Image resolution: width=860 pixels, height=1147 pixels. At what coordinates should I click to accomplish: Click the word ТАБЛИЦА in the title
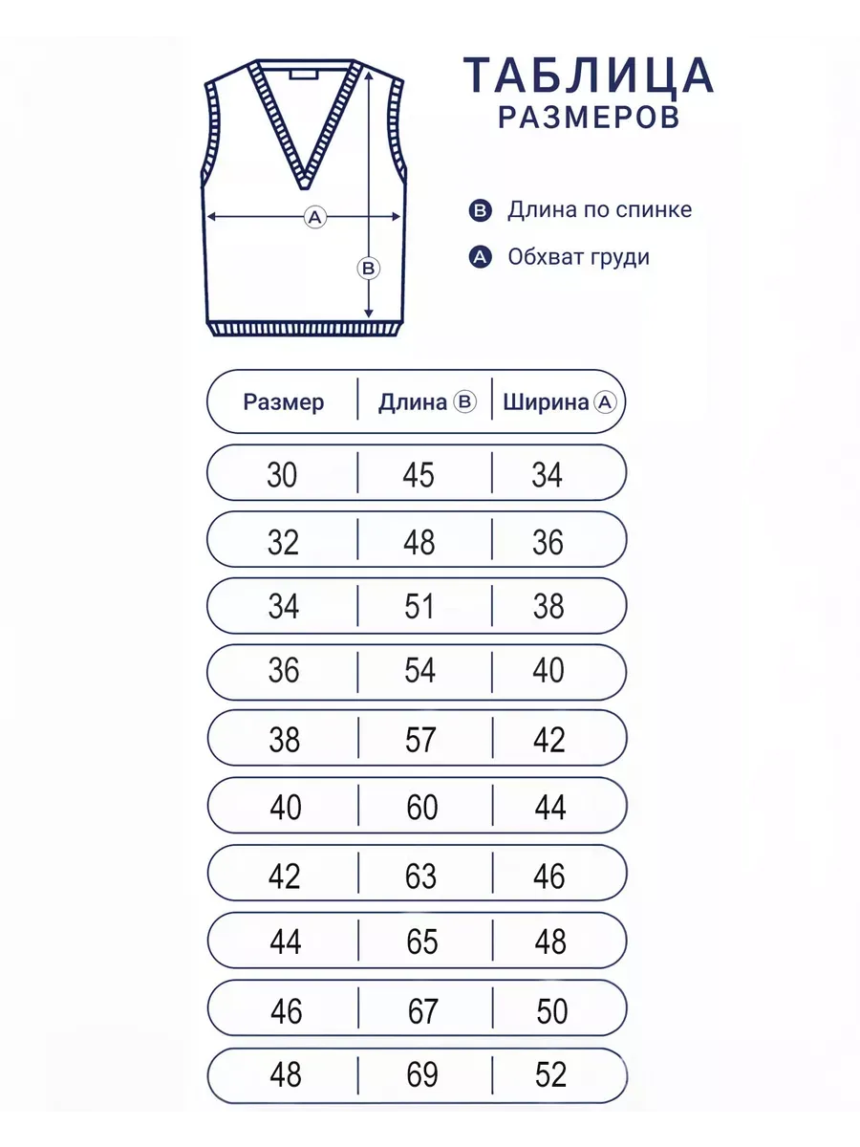click(x=589, y=76)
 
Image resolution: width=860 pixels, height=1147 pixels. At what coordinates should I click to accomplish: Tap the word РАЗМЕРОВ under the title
click(x=589, y=118)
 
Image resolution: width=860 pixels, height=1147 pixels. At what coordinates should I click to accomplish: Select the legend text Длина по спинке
click(x=599, y=210)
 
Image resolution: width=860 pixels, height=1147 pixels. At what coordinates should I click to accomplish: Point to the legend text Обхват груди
click(x=579, y=257)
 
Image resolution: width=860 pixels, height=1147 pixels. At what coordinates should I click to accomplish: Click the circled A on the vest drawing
click(x=314, y=218)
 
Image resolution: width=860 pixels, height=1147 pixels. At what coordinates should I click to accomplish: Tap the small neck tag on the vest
click(x=305, y=73)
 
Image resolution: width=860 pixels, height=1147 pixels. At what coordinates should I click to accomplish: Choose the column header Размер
click(x=284, y=402)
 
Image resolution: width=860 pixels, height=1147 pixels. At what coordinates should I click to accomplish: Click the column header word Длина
click(x=412, y=402)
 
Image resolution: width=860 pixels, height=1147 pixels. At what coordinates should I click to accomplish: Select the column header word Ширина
click(x=545, y=402)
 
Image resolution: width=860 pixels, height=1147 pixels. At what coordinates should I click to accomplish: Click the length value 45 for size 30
click(x=419, y=474)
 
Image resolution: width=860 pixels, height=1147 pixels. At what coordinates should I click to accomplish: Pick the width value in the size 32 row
click(x=548, y=542)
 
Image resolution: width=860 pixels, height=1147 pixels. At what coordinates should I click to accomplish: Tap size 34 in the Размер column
click(x=284, y=606)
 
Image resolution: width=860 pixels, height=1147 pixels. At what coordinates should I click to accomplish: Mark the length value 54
click(x=419, y=671)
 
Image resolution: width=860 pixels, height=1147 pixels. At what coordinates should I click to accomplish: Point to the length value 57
click(x=420, y=740)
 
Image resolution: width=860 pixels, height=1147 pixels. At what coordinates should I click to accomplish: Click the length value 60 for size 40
click(x=421, y=808)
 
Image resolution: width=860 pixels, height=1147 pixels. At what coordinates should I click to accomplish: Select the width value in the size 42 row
click(x=549, y=876)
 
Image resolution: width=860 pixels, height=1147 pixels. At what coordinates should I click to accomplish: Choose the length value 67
click(x=422, y=1010)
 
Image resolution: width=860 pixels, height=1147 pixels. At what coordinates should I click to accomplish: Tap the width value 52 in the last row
click(x=550, y=1075)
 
